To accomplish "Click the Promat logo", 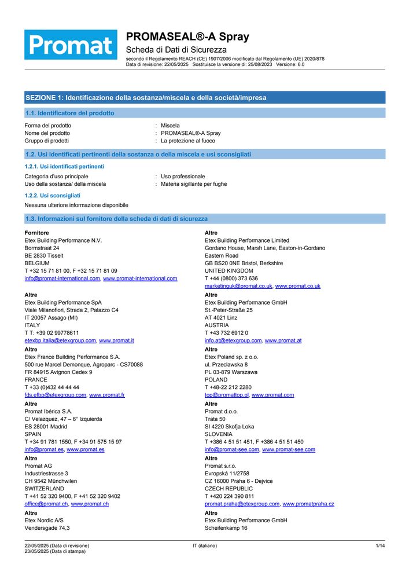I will pyautogui.click(x=71, y=45).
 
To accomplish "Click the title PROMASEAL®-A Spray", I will pyautogui.click(x=187, y=37).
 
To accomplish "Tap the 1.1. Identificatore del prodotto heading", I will pyautogui.click(x=69, y=113).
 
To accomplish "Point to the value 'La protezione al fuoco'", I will pyautogui.click(x=188, y=141).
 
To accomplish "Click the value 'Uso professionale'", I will pyautogui.click(x=183, y=177).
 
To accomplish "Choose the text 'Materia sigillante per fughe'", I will pyautogui.click(x=194, y=184).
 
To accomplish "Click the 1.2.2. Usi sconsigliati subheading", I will pyautogui.click(x=53, y=196).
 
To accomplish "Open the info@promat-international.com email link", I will pyautogui.click(x=62, y=278).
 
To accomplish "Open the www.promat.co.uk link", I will pyautogui.click(x=297, y=286).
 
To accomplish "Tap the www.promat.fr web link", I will pyautogui.click(x=107, y=395).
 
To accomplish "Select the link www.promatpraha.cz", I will pyautogui.click(x=308, y=504).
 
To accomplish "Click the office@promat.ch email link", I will pyautogui.click(x=46, y=504).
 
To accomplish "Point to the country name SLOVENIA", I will pyautogui.click(x=219, y=434).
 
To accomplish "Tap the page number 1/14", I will pyautogui.click(x=380, y=546).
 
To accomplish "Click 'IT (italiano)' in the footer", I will pyautogui.click(x=205, y=546).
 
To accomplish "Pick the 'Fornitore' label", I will pyautogui.click(x=36, y=233).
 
